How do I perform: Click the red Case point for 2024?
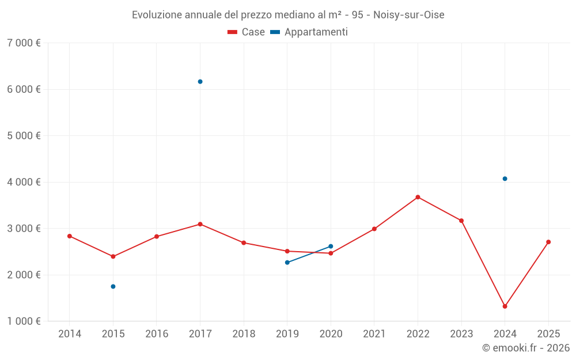click(505, 306)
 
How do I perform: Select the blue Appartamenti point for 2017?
click(200, 82)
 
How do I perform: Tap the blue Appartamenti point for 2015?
click(113, 286)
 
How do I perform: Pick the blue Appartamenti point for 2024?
click(505, 179)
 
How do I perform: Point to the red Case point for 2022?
click(418, 197)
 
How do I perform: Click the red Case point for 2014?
click(69, 236)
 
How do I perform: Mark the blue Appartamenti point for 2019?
click(287, 263)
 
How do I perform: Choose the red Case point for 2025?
click(548, 242)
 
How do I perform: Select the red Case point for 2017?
click(200, 224)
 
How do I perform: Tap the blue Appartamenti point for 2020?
click(331, 247)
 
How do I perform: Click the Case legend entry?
click(246, 32)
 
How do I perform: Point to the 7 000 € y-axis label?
click(24, 43)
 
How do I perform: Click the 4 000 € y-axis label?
click(24, 182)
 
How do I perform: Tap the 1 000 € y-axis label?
click(24, 321)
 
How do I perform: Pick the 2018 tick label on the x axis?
click(244, 334)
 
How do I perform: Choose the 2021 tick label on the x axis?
click(374, 334)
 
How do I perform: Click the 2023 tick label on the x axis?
click(461, 334)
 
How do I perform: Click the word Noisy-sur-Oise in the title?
click(408, 15)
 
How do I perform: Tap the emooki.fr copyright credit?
click(526, 348)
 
